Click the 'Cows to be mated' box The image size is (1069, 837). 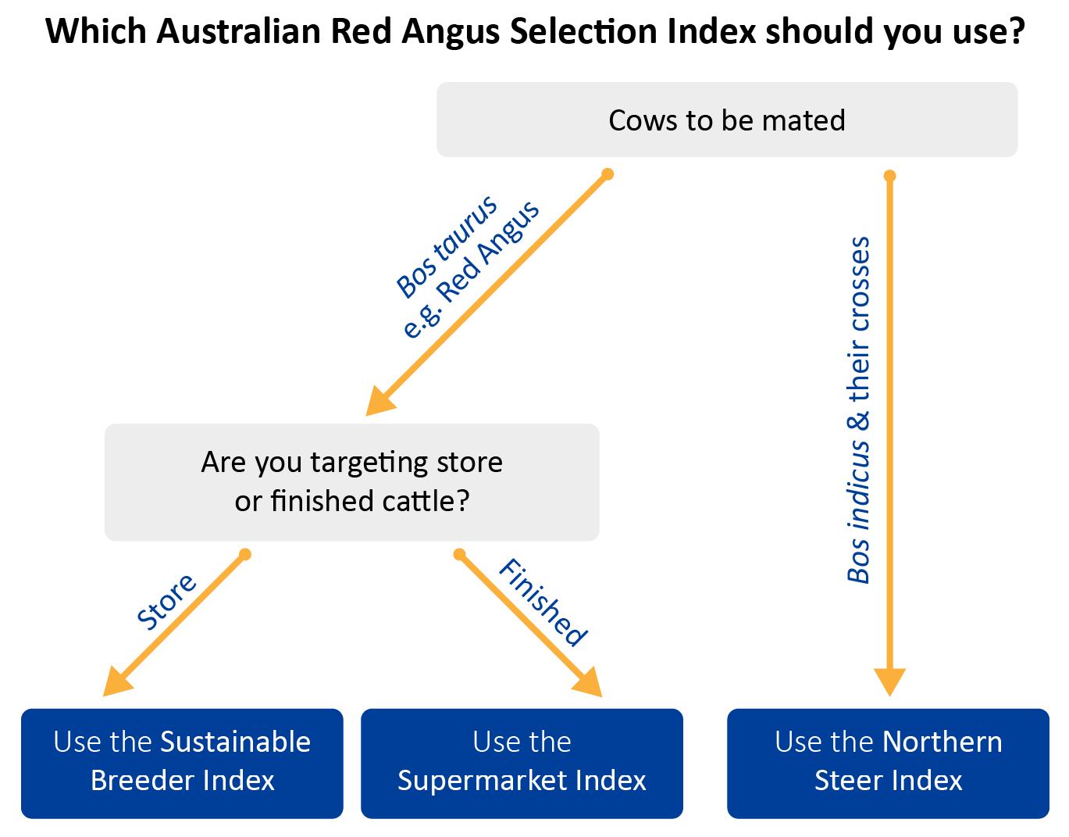coord(727,120)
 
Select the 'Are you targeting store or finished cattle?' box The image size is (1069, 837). coord(351,482)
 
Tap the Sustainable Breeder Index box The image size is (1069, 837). coord(182,764)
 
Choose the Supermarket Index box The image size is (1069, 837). coord(522,764)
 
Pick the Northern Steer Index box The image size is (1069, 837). coord(888,764)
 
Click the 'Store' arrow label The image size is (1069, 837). coord(166,603)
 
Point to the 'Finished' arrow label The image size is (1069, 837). coord(543,603)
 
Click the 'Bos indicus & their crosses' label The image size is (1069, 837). coord(858,410)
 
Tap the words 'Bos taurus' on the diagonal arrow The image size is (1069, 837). coord(447,246)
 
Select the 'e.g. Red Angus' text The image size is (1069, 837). coord(471,270)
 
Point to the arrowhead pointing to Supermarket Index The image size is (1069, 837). coord(588,683)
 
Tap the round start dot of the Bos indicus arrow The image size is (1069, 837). coord(889,176)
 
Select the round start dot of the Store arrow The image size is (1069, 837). coord(245,555)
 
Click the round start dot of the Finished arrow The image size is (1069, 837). coord(459,555)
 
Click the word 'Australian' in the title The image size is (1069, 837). coord(240,31)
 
